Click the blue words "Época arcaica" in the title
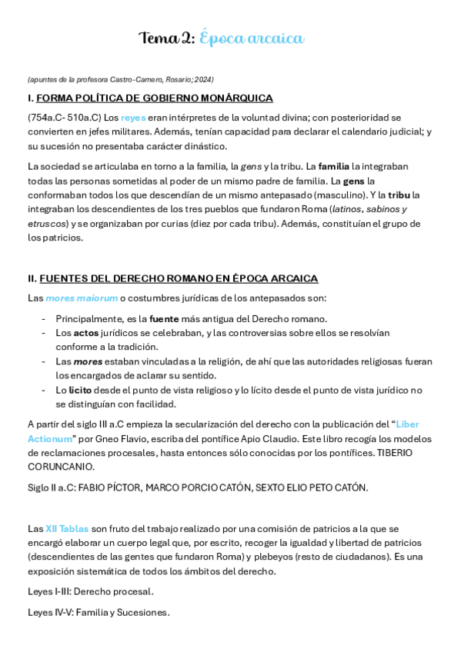point(252,38)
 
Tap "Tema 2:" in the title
point(166,38)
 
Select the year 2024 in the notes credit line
point(204,80)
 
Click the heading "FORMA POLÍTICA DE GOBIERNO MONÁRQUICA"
point(155,98)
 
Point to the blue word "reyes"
point(133,118)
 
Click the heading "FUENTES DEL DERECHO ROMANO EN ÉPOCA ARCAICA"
point(179,278)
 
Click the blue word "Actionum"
point(50,438)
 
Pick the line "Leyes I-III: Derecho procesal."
point(90,591)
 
